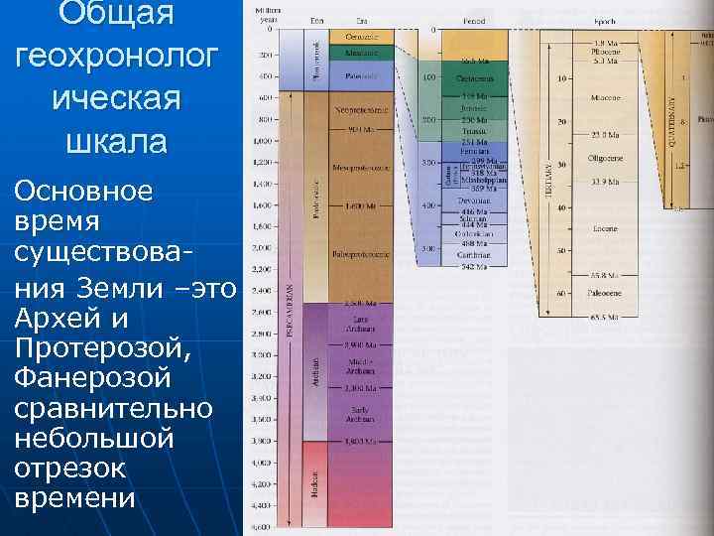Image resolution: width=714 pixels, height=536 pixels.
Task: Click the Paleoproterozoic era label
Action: coord(360,254)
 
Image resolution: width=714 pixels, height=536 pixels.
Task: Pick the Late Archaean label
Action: coord(360,323)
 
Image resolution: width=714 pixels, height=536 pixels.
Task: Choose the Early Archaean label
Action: coord(360,412)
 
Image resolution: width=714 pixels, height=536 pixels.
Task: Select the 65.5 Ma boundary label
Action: coord(605,318)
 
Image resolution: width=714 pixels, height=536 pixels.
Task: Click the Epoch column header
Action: coord(604,20)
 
